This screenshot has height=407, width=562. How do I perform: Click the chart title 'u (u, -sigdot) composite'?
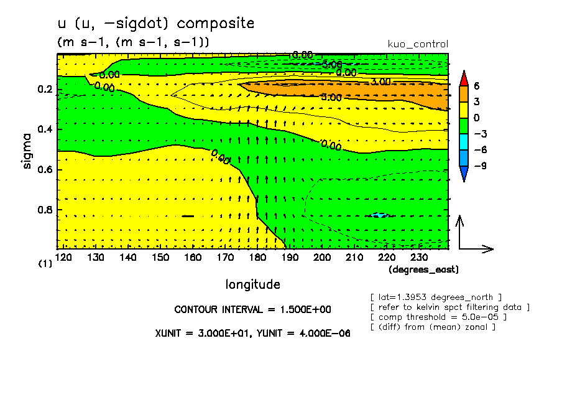click(x=155, y=24)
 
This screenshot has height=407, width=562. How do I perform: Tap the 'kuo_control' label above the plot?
click(x=417, y=44)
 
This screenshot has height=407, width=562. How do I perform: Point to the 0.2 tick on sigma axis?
click(x=44, y=90)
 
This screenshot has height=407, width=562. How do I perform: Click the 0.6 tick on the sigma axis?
click(x=44, y=170)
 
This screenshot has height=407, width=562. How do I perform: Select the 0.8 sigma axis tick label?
click(x=44, y=210)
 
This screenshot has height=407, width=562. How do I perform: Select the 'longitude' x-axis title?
click(x=252, y=284)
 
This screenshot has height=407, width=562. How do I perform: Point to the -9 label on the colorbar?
click(x=479, y=167)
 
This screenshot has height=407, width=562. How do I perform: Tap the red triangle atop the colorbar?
click(x=464, y=78)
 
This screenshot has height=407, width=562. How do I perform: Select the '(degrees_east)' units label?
click(x=423, y=269)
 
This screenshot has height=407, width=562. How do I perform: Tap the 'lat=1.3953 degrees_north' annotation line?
click(x=435, y=297)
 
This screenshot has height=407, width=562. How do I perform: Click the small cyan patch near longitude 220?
click(x=379, y=215)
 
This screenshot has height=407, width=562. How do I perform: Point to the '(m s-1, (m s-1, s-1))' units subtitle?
click(x=133, y=42)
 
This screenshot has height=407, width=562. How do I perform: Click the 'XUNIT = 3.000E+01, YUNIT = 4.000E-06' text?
click(x=252, y=334)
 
